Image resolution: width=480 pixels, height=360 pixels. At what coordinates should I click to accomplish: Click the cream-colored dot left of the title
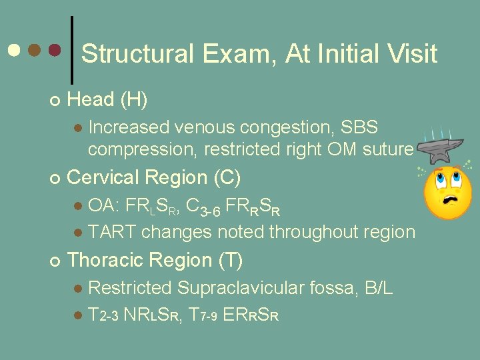coord(14,50)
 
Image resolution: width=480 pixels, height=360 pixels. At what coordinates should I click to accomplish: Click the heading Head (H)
coord(107,100)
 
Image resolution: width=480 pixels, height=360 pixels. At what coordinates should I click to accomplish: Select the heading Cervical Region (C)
coord(154,177)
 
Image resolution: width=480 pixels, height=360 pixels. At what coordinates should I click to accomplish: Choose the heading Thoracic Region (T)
coord(155,260)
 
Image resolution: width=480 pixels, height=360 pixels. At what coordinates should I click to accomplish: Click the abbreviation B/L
coord(379,288)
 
